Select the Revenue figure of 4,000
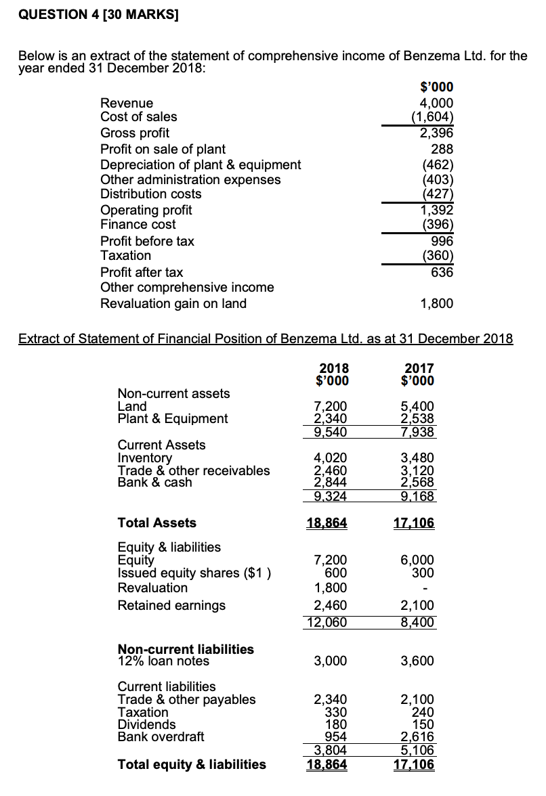point(436,103)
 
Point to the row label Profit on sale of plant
point(163,149)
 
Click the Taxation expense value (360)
point(437,256)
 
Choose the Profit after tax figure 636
point(442,272)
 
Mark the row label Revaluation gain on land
point(173,303)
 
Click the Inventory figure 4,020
point(332,458)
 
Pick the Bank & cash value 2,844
point(332,483)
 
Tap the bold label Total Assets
point(157,523)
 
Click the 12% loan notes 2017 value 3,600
point(418,661)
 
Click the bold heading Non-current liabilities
point(186,648)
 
